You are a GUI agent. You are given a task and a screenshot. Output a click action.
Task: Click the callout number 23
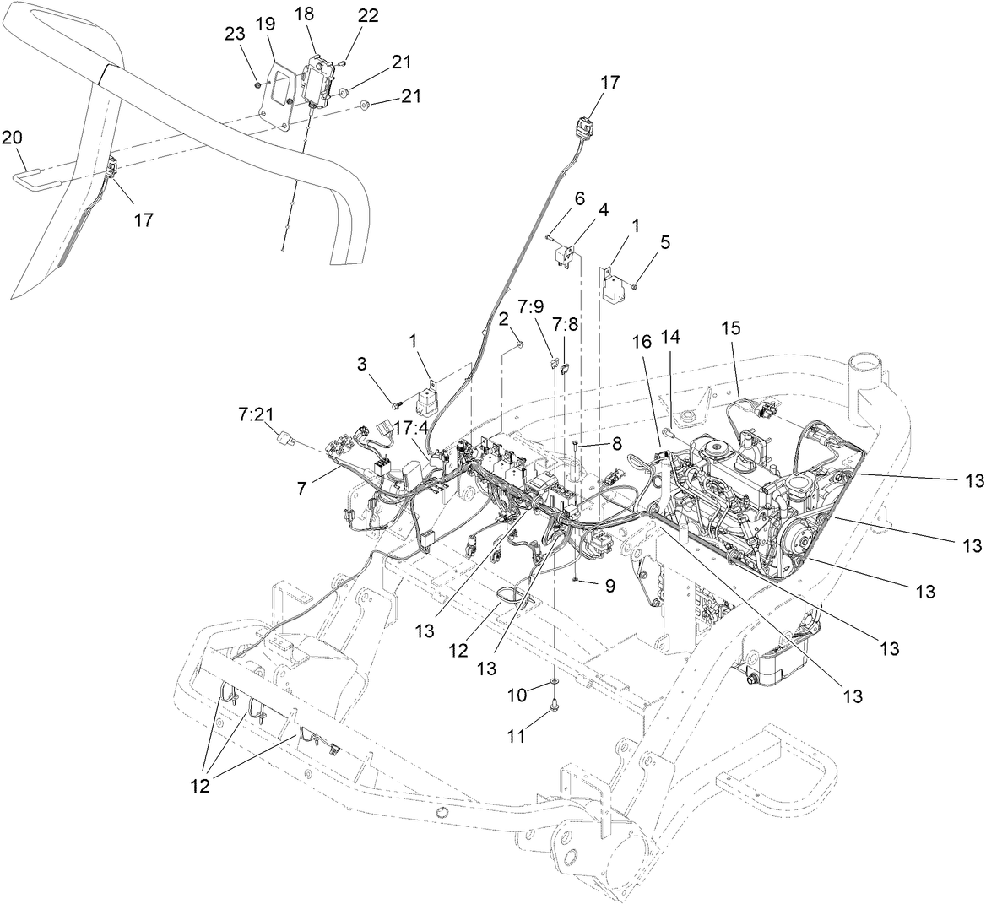(236, 33)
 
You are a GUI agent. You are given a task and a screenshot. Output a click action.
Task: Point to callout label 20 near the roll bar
(12, 137)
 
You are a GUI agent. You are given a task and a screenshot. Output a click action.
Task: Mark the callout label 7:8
(566, 323)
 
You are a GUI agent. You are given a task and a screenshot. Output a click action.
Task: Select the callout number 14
(671, 335)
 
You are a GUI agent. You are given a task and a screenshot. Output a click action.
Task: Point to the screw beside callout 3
(393, 404)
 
